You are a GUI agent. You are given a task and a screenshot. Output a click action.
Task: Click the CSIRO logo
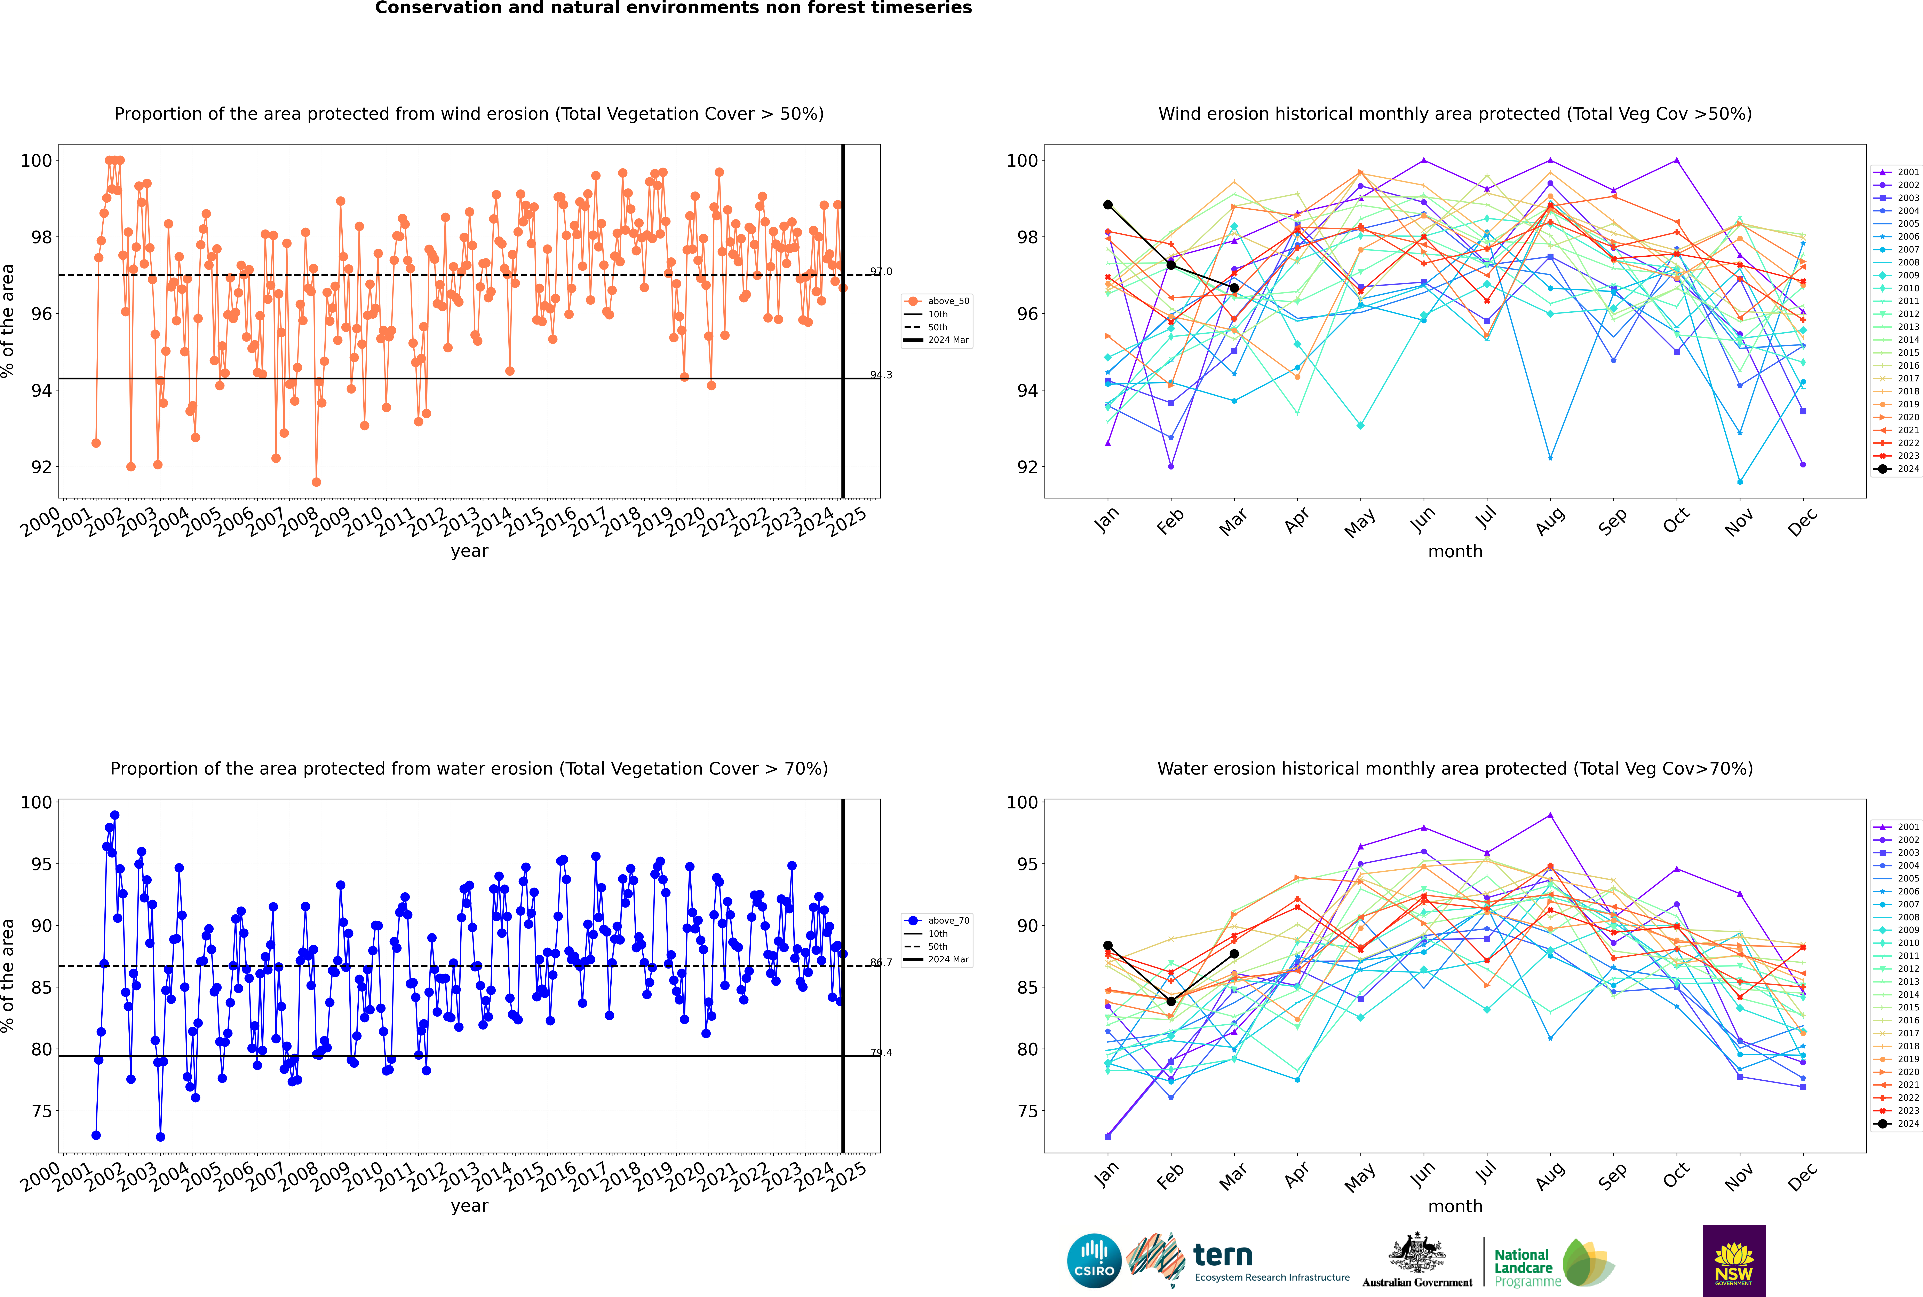pos(1094,1261)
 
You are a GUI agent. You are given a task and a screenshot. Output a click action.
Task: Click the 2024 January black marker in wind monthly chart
pos(1108,204)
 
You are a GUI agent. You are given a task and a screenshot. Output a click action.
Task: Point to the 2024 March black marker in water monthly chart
pos(1234,954)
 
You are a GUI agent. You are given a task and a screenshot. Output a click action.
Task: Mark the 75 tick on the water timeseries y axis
pos(41,1111)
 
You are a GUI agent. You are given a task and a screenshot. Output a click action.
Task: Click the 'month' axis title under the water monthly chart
pos(1455,1206)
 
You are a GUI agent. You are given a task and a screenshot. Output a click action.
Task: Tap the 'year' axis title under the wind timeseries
pos(470,551)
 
